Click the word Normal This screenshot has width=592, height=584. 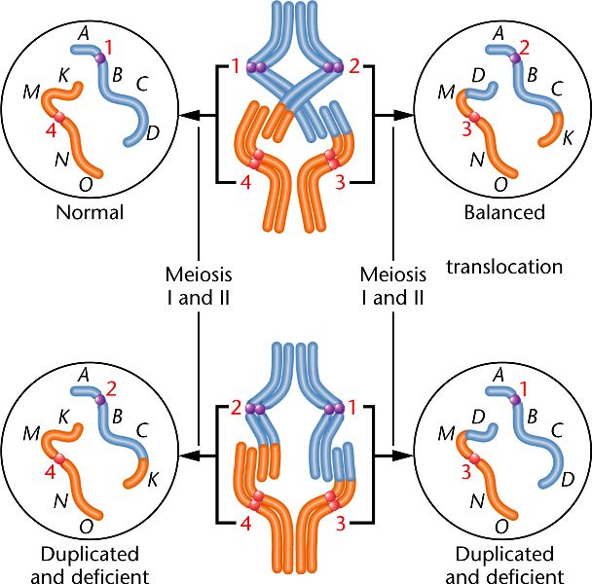pos(89,211)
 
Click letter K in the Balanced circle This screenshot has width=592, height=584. pos(569,137)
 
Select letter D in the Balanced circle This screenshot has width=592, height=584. pos(478,74)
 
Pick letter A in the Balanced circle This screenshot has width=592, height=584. pos(499,31)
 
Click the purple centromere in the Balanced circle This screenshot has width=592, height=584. pos(514,59)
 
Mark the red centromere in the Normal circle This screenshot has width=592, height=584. pos(59,117)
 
